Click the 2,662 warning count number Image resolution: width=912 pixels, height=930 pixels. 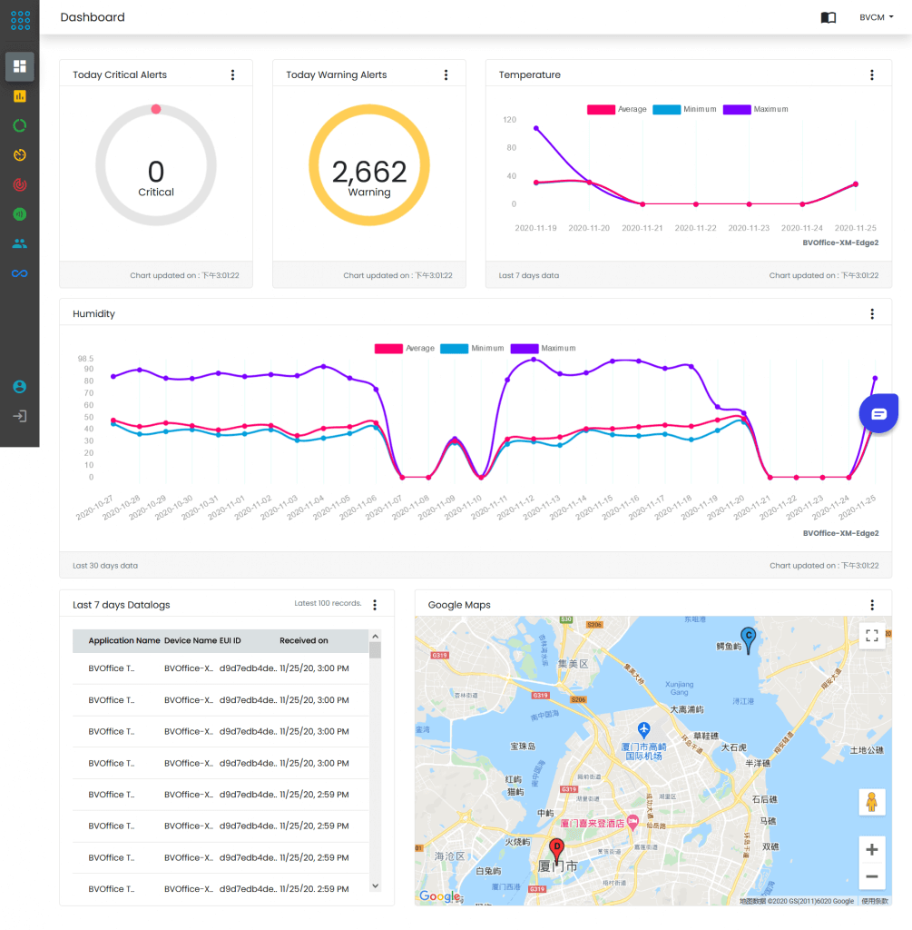coord(369,171)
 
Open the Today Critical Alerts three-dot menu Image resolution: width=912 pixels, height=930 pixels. coord(232,75)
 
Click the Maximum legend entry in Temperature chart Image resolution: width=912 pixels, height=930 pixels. coord(756,109)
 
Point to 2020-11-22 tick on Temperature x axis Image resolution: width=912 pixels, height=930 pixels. coord(695,228)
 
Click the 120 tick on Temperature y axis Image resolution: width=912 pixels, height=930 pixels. coord(509,120)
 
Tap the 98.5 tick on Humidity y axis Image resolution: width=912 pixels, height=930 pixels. coord(84,359)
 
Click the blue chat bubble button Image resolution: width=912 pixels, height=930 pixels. coord(878,413)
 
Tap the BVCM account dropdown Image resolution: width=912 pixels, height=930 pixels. coord(876,17)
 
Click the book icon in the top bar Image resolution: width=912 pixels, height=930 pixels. coord(828,17)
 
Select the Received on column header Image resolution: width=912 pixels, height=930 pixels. coord(304,640)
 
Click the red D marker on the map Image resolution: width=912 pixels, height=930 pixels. coord(557,848)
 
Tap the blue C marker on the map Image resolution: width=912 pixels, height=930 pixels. coord(748,637)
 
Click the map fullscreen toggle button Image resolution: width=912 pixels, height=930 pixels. coord(871,636)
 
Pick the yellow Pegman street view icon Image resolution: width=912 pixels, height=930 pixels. coord(871,802)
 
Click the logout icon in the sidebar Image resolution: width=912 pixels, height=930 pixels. coord(20,416)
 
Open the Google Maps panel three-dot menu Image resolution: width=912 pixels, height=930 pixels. coord(872,605)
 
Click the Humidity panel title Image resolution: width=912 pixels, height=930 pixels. coord(93,314)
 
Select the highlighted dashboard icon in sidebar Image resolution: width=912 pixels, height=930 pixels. coord(20,65)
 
